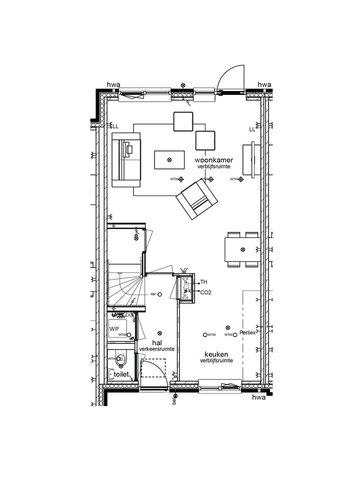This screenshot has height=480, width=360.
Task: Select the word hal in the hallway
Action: coord(156,342)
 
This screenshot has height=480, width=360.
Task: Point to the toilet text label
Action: coord(121,374)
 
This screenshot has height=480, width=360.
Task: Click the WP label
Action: coord(114,329)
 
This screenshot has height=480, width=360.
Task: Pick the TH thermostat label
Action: coord(203,282)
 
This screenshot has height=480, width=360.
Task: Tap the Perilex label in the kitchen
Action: coord(247,333)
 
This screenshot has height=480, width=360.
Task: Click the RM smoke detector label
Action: coord(153,294)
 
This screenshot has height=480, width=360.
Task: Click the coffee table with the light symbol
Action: coord(169,160)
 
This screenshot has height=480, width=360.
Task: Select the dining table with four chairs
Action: coord(242,249)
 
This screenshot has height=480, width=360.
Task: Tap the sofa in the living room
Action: coord(125,160)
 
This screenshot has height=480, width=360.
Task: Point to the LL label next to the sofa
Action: coord(115,126)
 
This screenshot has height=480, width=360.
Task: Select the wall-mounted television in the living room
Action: coord(254,160)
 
